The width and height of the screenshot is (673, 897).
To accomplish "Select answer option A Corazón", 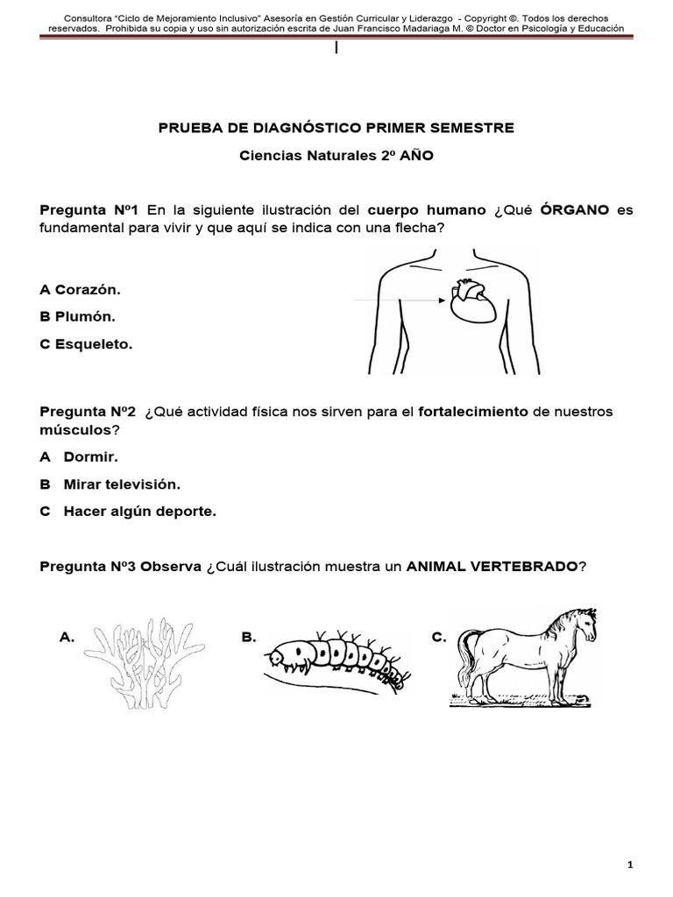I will pyautogui.click(x=81, y=288).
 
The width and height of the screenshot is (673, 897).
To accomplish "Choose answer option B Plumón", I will pyautogui.click(x=78, y=316).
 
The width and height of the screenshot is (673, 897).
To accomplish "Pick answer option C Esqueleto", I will pyautogui.click(x=86, y=344).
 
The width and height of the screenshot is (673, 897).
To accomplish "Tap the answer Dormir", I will pyautogui.click(x=90, y=456).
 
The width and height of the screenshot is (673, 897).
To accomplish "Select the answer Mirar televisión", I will pyautogui.click(x=122, y=484).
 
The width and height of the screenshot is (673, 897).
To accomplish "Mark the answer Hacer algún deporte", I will pyautogui.click(x=139, y=512).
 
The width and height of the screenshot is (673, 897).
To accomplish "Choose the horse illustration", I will pyautogui.click(x=526, y=655).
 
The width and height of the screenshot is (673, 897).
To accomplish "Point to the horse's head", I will pyautogui.click(x=582, y=625).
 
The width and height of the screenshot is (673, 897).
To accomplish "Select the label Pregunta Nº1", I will pyautogui.click(x=89, y=211).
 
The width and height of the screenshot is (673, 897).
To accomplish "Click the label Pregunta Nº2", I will pyautogui.click(x=89, y=412).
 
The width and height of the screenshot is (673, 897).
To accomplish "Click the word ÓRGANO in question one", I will pyautogui.click(x=575, y=211).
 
